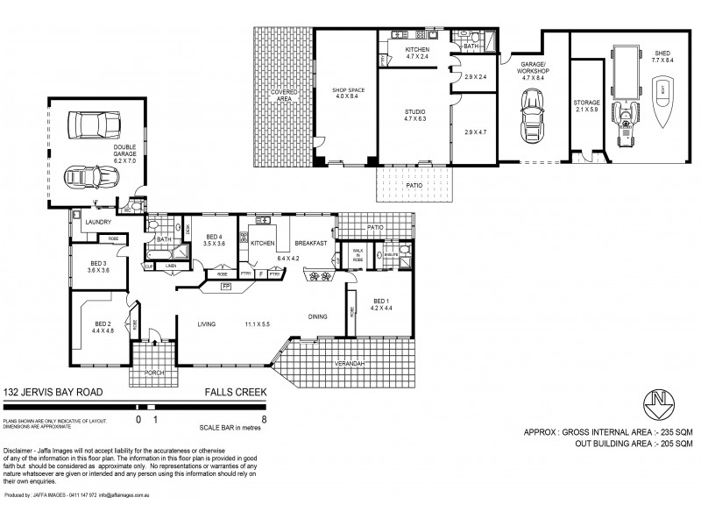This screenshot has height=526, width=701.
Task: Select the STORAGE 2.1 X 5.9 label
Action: click(587, 106)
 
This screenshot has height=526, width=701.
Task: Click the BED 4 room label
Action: click(216, 240)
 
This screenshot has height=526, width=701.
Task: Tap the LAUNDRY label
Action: click(96, 224)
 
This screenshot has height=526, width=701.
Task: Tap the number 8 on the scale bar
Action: click(264, 420)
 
